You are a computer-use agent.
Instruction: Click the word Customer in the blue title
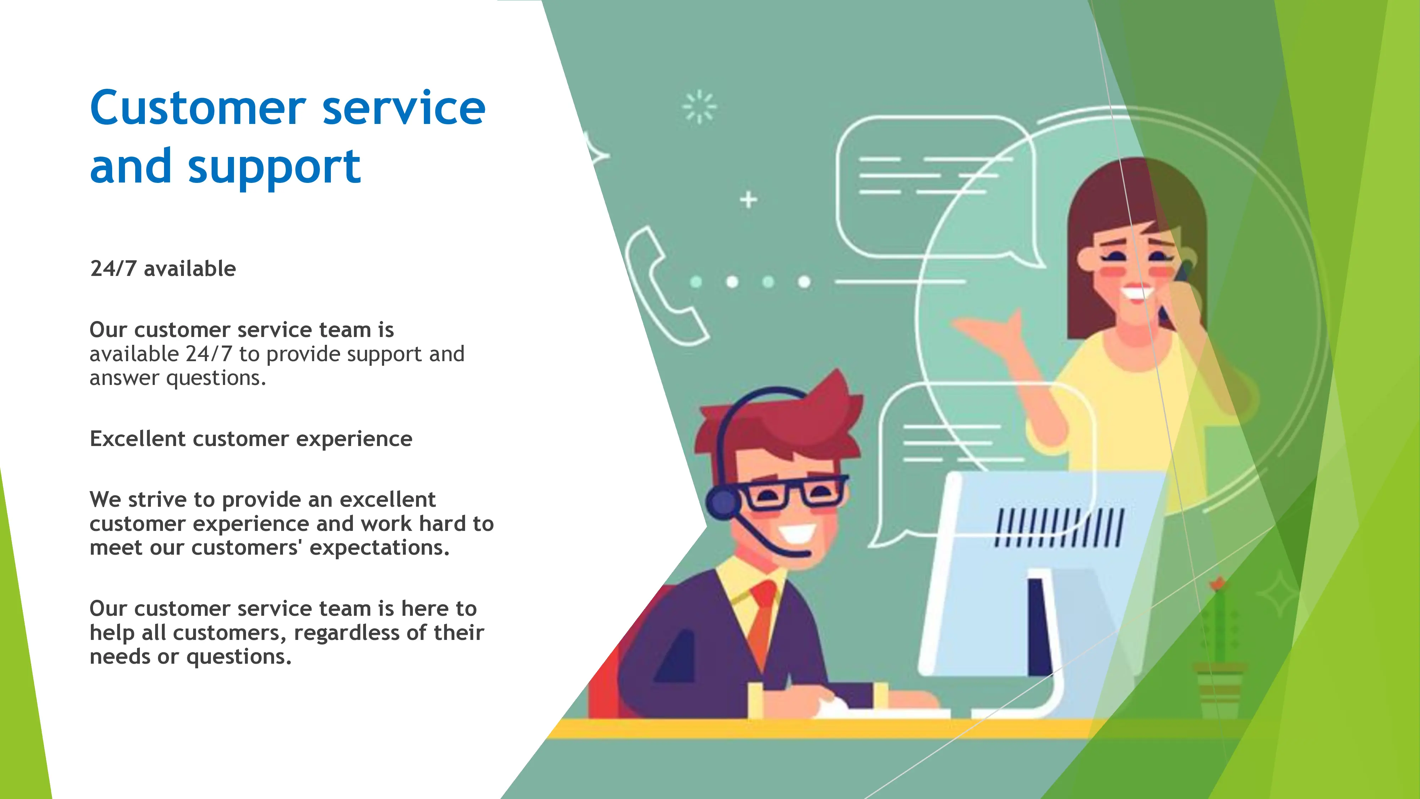(x=198, y=108)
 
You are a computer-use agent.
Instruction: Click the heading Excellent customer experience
(x=251, y=439)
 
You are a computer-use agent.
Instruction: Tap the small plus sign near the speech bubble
(x=748, y=200)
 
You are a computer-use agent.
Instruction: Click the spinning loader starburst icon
(x=699, y=107)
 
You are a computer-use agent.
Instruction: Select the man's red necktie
(x=762, y=618)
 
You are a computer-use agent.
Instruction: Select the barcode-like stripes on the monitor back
(x=1058, y=528)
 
